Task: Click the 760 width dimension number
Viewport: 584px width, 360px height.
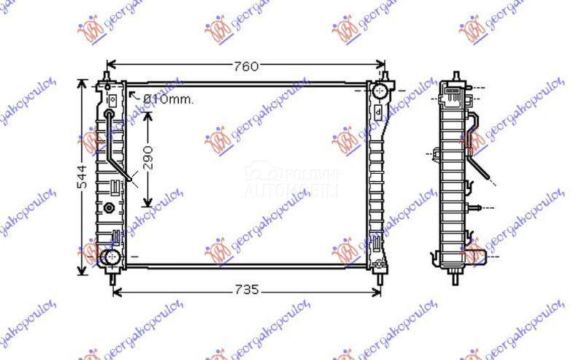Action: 246,66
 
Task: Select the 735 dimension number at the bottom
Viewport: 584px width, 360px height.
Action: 246,291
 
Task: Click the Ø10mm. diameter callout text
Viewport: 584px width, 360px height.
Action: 168,99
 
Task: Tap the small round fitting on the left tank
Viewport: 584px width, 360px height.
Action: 110,207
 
